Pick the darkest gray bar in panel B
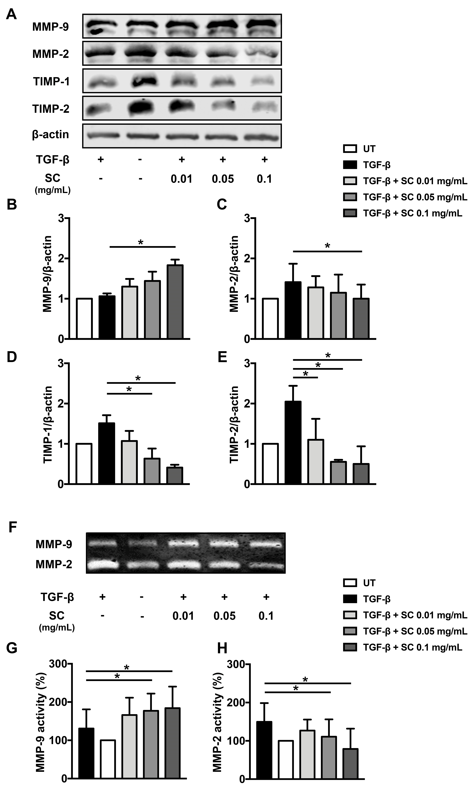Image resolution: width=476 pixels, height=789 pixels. tap(175, 302)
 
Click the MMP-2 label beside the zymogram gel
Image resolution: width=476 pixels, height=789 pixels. tap(54, 564)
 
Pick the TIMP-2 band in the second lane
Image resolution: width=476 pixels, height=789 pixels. tap(140, 109)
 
